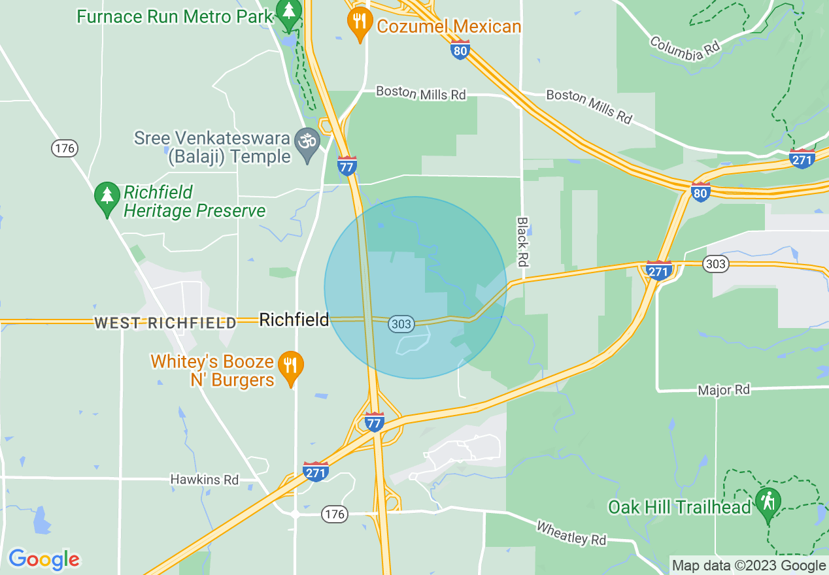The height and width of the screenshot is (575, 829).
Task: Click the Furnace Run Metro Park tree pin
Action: (x=288, y=14)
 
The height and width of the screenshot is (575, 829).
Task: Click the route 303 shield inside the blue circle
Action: (x=401, y=323)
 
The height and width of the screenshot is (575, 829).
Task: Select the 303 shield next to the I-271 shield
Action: (x=715, y=263)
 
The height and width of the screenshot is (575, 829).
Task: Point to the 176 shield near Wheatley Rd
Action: (x=334, y=515)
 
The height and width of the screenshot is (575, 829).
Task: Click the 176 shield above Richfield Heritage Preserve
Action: (x=65, y=148)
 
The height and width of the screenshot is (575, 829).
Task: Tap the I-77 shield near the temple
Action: (x=347, y=166)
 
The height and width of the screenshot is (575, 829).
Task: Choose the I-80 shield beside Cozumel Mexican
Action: (x=460, y=49)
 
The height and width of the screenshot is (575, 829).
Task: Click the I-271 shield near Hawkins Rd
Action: (x=316, y=471)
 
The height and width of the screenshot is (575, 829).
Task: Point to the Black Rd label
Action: (x=522, y=242)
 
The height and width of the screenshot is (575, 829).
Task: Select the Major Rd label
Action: (x=724, y=390)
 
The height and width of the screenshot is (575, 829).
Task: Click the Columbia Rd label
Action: (x=685, y=48)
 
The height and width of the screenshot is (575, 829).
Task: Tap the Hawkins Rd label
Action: (x=205, y=480)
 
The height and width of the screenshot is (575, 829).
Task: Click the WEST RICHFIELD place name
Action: (x=165, y=323)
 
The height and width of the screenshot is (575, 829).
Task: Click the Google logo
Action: (x=44, y=559)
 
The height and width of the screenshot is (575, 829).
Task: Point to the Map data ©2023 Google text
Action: (x=749, y=566)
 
